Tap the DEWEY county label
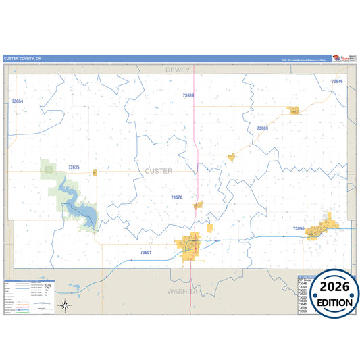click(x=179, y=70)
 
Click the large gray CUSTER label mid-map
click(x=159, y=171)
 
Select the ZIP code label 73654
click(x=18, y=101)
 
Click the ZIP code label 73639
click(x=188, y=95)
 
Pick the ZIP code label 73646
click(x=336, y=82)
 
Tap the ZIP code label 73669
click(x=262, y=128)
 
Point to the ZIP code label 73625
click(x=74, y=167)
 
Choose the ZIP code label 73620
click(x=176, y=197)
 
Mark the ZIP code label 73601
click(x=146, y=252)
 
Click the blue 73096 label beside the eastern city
click(x=299, y=229)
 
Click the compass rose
click(x=65, y=305)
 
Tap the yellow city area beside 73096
click(x=320, y=230)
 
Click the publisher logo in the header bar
click(x=341, y=59)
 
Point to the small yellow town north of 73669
click(x=294, y=110)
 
